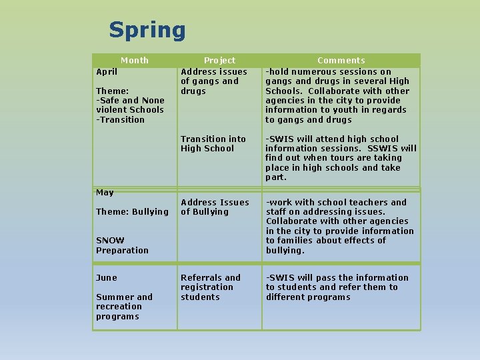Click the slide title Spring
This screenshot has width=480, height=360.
click(147, 30)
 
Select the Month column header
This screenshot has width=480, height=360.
click(135, 60)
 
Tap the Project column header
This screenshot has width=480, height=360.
click(219, 60)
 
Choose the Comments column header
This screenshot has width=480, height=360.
click(341, 60)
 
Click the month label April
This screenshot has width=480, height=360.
click(107, 71)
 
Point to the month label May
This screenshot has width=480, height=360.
click(105, 193)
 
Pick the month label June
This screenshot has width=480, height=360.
click(107, 278)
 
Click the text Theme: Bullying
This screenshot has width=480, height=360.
click(132, 212)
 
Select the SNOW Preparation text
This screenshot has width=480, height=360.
click(122, 245)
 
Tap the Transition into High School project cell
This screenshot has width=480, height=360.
click(213, 143)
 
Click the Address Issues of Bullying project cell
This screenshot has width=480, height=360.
click(215, 207)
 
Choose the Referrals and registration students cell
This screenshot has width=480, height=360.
click(210, 287)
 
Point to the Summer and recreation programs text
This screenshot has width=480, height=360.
click(124, 307)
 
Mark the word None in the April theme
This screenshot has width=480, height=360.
click(153, 101)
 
